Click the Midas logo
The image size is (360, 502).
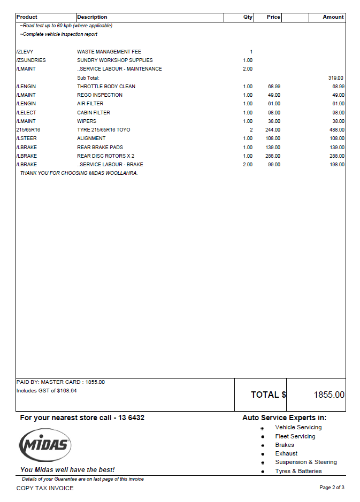coord(45,445)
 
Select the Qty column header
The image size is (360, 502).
coord(248,17)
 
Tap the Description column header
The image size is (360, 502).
coord(92,17)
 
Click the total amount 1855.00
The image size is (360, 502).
coord(329,395)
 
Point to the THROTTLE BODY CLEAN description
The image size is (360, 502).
coord(106,87)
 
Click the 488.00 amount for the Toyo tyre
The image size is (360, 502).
coord(337,130)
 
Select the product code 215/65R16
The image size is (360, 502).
coord(28,130)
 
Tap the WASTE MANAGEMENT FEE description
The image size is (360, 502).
coord(109,52)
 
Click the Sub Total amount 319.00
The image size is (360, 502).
coord(336,78)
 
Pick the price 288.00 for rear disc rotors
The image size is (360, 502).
coord(274,156)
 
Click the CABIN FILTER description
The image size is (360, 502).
coord(94,113)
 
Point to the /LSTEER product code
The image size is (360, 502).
coord(27,138)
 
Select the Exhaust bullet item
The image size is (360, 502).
coord(286,453)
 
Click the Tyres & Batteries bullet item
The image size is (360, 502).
coord(298,471)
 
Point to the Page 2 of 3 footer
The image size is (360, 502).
coord(332,488)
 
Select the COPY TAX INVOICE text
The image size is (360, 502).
coord(45,488)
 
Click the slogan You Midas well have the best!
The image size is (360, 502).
coord(67,470)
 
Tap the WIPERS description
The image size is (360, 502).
coord(87,121)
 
